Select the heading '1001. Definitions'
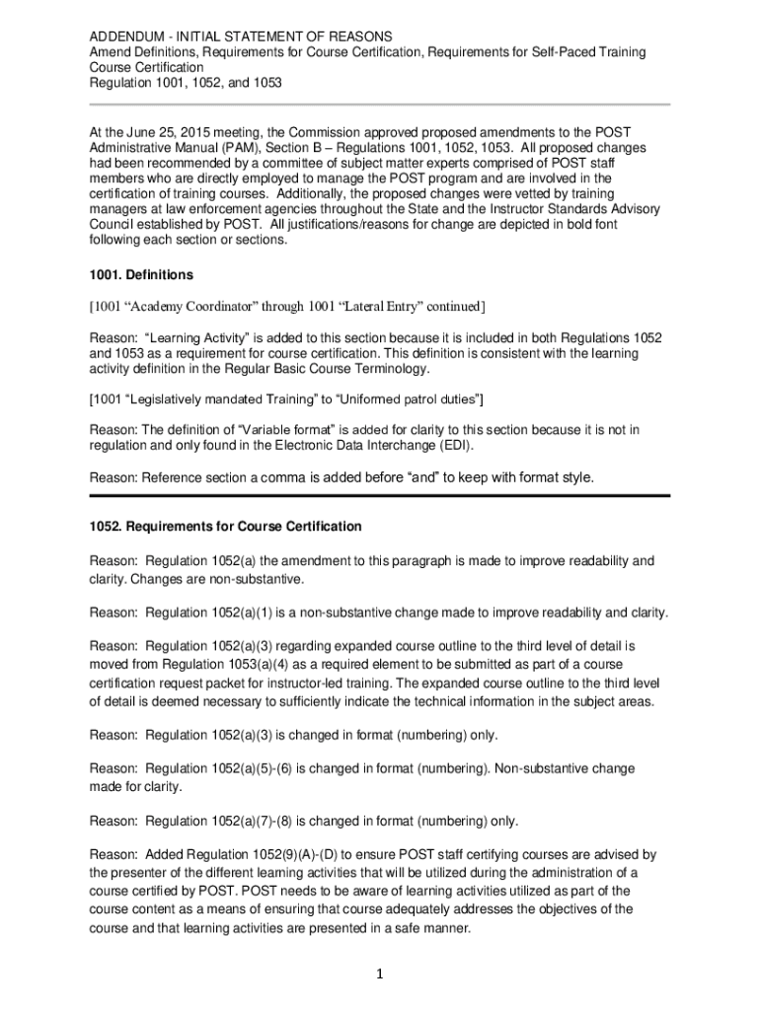(x=141, y=274)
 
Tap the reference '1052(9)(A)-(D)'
(x=346, y=854)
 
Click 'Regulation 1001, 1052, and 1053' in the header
(x=186, y=83)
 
